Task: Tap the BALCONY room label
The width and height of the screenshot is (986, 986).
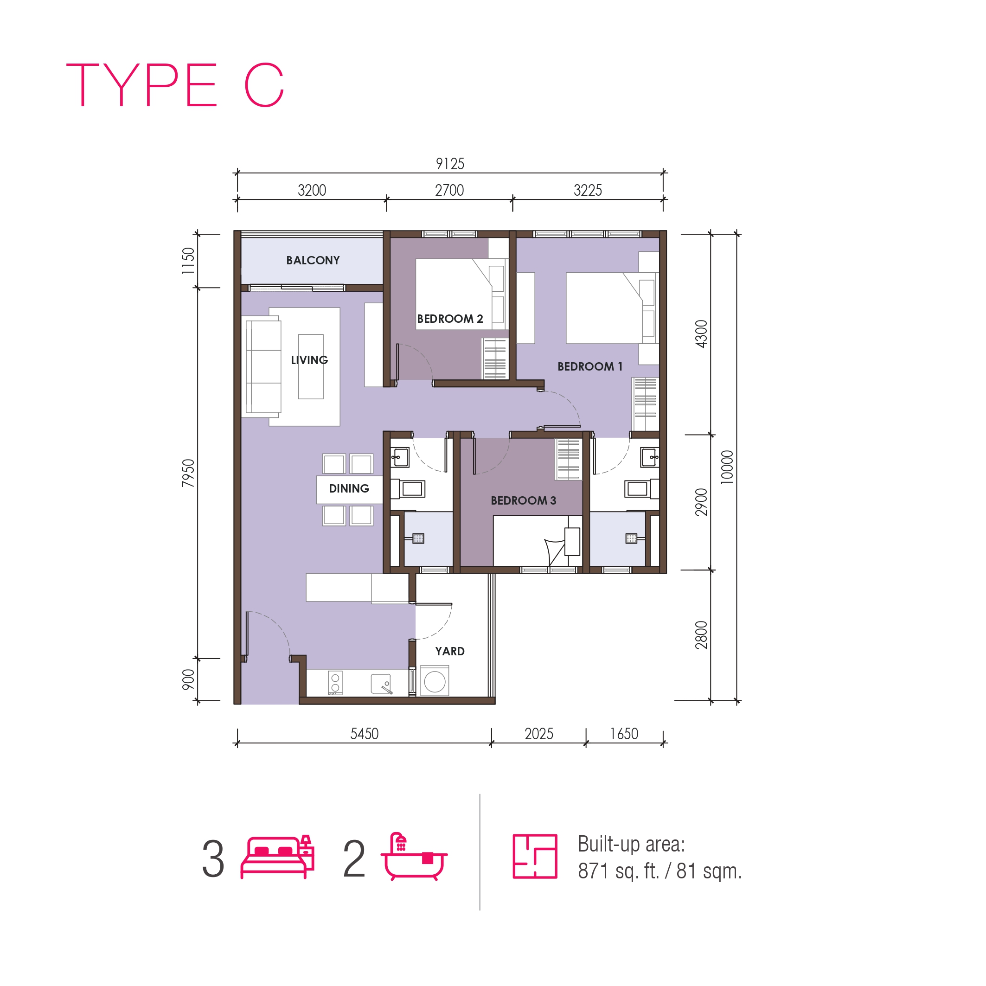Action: [313, 260]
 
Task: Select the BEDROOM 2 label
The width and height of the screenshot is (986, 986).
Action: [449, 319]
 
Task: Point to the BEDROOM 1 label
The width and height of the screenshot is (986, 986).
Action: [590, 366]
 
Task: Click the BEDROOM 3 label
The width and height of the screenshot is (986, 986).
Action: [524, 501]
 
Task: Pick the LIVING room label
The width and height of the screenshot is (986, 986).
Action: [309, 360]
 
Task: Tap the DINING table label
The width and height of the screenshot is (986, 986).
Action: [349, 488]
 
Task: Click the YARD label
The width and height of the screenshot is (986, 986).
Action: [449, 651]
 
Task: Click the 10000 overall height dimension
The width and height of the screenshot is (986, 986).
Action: [727, 467]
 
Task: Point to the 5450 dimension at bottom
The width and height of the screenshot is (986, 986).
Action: [365, 734]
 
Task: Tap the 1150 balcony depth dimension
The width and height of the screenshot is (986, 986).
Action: [188, 261]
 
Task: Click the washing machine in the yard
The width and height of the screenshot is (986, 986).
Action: [435, 681]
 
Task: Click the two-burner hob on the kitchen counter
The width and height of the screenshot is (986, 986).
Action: [335, 683]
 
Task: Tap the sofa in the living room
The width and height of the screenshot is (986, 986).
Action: [263, 366]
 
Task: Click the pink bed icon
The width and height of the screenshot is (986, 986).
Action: [277, 858]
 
